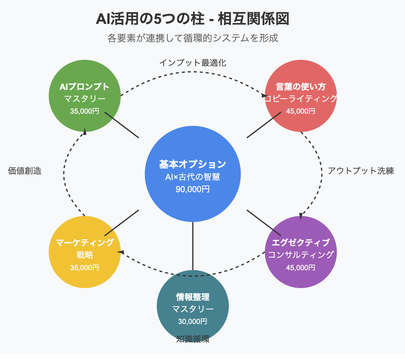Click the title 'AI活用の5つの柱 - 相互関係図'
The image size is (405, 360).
click(x=193, y=19)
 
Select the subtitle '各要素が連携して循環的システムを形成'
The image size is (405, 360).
click(x=193, y=38)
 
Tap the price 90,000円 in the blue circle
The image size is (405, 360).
click(x=193, y=189)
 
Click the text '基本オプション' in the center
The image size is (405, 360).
click(x=193, y=164)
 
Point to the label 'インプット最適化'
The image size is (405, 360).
click(x=192, y=63)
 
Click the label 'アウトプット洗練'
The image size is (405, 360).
click(x=361, y=171)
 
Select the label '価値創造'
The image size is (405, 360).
click(x=25, y=171)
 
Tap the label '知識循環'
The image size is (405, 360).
click(x=193, y=339)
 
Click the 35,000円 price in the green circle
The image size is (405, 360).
click(x=84, y=111)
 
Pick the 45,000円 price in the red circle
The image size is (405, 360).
click(x=301, y=111)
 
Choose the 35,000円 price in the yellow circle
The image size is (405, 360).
click(x=84, y=267)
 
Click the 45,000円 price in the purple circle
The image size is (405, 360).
click(x=301, y=267)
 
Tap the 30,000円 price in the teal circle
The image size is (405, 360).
click(x=193, y=322)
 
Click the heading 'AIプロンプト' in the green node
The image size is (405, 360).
click(x=84, y=87)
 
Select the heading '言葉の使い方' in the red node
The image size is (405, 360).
click(x=301, y=87)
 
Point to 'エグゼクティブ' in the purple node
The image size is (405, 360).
click(x=301, y=243)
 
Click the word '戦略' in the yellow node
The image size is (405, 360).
click(x=84, y=255)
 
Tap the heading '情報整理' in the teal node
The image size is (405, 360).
click(x=193, y=297)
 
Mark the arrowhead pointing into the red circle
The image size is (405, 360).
click(x=264, y=96)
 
